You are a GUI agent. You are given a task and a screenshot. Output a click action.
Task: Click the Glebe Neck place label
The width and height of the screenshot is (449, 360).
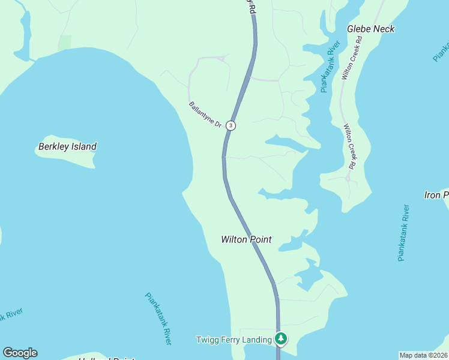(371, 29)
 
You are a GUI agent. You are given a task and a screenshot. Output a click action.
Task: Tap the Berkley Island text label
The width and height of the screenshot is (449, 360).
(67, 146)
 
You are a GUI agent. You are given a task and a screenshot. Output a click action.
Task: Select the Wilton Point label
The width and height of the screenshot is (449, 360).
(246, 239)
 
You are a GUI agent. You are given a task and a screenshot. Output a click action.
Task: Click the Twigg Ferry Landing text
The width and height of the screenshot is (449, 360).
(234, 340)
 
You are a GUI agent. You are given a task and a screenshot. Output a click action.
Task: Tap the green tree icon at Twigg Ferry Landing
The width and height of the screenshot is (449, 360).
(280, 339)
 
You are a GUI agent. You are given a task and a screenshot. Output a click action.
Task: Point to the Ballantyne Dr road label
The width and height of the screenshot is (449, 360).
(205, 115)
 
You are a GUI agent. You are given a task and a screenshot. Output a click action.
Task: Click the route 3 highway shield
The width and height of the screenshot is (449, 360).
(231, 125)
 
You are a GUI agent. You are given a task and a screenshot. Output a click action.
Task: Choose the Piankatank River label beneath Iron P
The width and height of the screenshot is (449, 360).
(404, 233)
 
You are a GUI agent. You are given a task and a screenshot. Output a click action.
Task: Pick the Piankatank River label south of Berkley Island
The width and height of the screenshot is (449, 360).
(158, 318)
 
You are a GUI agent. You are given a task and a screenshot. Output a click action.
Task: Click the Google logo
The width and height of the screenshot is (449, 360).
(20, 353)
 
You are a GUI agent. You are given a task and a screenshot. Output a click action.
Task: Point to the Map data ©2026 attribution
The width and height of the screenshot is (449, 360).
(423, 355)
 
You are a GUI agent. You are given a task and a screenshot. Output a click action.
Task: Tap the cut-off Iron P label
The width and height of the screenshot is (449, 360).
(436, 195)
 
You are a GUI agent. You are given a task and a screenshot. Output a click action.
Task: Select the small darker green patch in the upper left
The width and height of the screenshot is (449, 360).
(64, 42)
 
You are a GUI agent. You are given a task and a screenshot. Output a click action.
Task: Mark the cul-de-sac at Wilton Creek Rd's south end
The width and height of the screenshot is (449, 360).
(348, 178)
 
